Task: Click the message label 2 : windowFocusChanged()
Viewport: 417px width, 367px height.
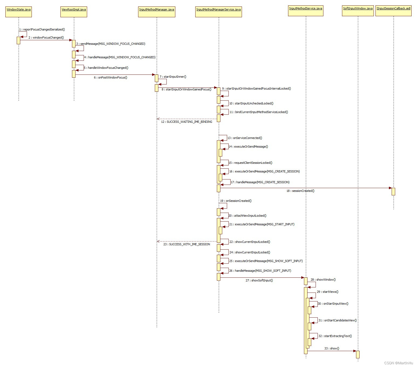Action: click(46, 38)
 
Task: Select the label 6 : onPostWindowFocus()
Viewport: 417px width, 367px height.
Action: click(111, 78)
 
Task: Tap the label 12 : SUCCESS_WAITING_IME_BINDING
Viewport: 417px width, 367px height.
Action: click(187, 122)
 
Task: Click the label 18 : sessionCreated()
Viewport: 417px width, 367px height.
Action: click(300, 191)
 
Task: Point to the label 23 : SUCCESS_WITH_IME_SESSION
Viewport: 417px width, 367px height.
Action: click(187, 244)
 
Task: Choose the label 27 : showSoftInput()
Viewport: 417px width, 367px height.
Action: click(259, 281)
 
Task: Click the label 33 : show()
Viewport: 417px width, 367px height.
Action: click(332, 349)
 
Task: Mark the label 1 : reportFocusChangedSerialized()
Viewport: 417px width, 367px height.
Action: click(42, 30)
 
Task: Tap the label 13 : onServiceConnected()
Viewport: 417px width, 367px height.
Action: click(245, 138)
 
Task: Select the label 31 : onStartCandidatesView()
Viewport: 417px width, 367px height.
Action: click(337, 321)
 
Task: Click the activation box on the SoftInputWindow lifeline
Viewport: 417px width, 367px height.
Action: click(358, 354)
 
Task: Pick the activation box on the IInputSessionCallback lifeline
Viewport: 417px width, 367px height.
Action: click(393, 191)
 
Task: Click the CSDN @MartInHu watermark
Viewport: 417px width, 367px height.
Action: click(398, 363)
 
